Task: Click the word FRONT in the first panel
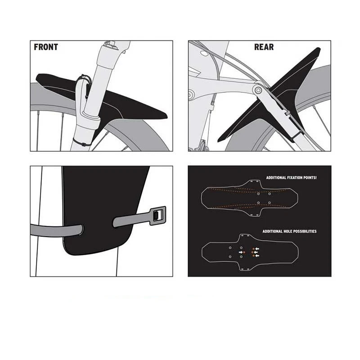point(46,47)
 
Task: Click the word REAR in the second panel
point(264,47)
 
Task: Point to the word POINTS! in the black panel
point(308,178)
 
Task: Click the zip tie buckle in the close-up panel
point(158,216)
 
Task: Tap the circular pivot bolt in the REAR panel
point(258,90)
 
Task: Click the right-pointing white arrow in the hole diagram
point(241,252)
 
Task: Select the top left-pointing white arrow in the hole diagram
point(257,249)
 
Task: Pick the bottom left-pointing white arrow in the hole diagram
point(257,256)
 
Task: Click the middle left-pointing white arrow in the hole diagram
point(256,252)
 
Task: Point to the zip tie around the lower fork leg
point(82,143)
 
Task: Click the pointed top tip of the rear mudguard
point(318,49)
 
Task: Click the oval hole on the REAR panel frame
point(204,54)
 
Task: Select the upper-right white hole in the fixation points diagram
point(270,194)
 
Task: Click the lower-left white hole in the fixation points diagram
point(258,203)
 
